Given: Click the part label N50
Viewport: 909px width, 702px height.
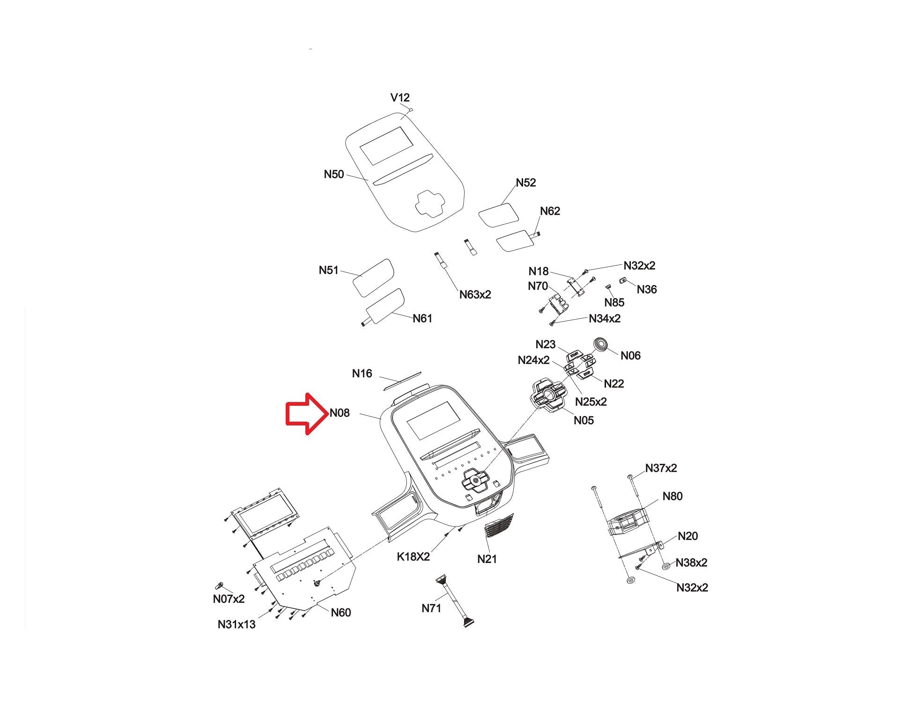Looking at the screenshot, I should [x=334, y=175].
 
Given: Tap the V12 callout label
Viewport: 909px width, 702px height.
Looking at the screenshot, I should [x=400, y=97].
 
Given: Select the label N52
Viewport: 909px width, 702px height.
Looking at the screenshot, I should [x=526, y=183].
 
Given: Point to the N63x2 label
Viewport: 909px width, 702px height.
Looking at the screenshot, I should [x=475, y=294].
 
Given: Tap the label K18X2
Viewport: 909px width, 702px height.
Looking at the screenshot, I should [x=413, y=556].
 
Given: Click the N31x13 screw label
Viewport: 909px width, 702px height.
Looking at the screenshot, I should [x=236, y=624].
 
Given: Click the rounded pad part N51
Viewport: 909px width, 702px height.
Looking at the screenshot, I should [x=374, y=277].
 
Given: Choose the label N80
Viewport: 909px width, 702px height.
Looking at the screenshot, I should [x=673, y=496].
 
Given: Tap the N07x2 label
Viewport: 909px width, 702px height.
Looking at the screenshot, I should [x=229, y=599].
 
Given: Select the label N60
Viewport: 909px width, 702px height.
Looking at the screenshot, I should [x=341, y=613].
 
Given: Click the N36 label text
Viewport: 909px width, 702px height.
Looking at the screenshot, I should [x=647, y=289].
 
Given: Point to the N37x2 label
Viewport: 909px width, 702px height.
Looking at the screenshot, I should [x=661, y=468].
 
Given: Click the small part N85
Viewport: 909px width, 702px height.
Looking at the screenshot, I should [x=609, y=287].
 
